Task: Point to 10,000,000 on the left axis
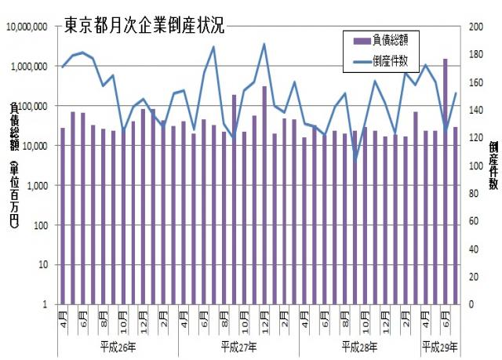[x=28, y=27]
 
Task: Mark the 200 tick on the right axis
[x=473, y=27]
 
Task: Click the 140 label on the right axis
[x=473, y=111]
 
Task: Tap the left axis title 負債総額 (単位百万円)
[x=15, y=165]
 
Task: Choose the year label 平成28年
[x=360, y=346]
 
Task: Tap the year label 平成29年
[x=440, y=346]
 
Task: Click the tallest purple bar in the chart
[x=446, y=180]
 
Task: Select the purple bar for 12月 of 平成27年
[x=264, y=195]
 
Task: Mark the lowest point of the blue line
[x=355, y=160]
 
